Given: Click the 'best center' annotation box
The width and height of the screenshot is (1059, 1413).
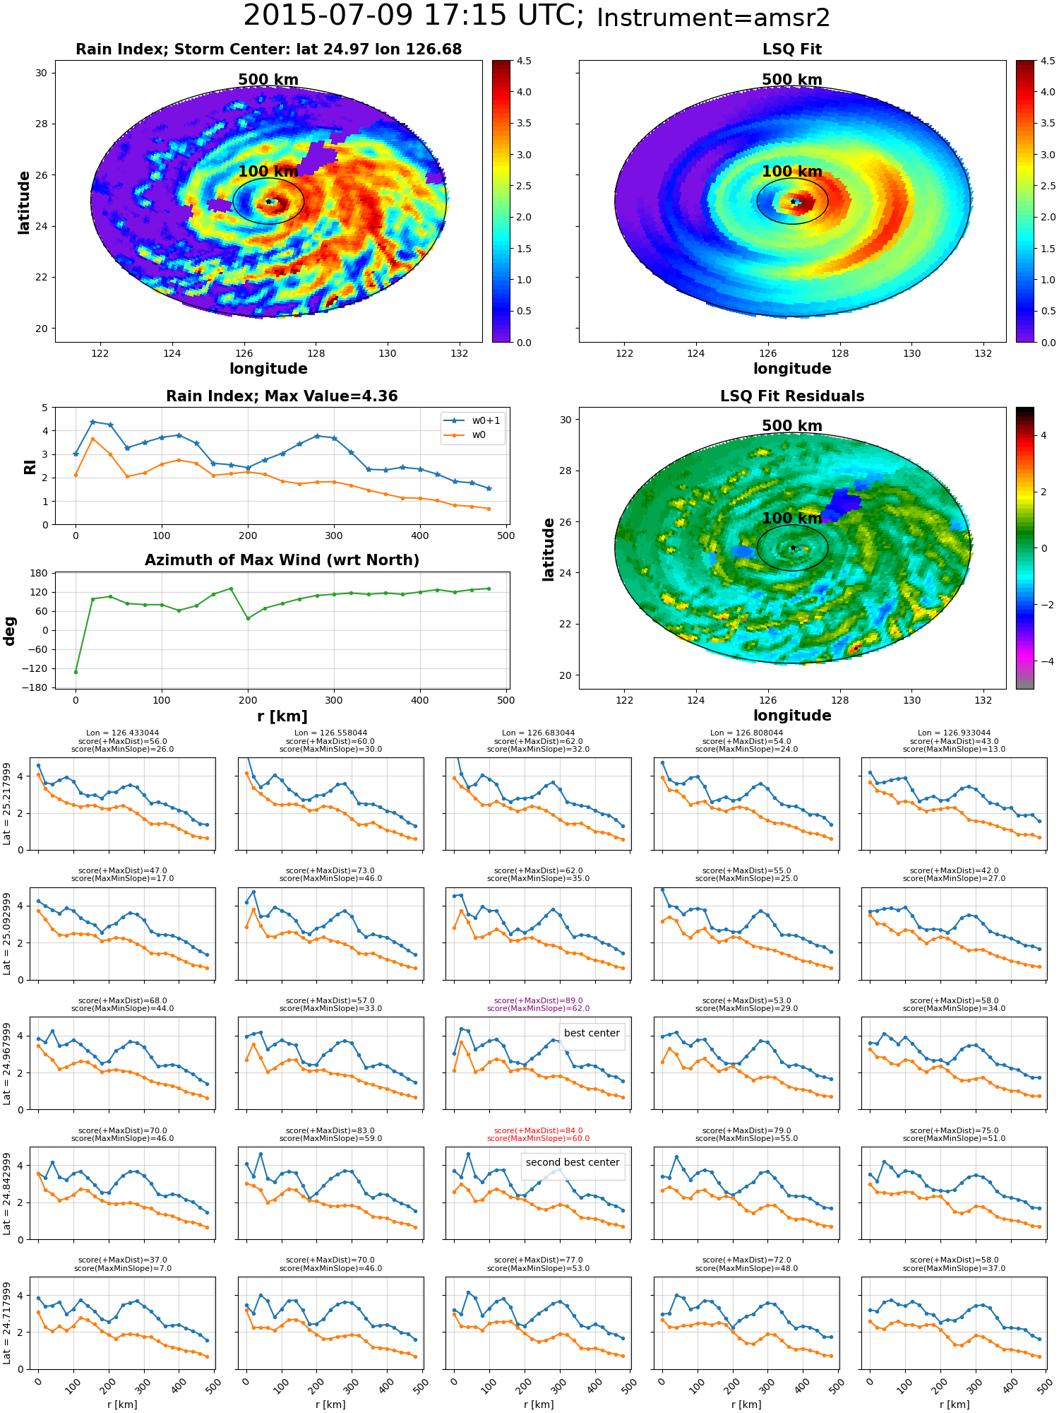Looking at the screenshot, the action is (x=592, y=1033).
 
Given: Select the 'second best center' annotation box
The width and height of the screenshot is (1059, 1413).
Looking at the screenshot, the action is (x=573, y=1162).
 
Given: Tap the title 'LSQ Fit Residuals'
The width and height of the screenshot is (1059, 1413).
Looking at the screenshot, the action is (x=792, y=396).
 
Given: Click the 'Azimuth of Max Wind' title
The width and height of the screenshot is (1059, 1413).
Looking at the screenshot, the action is (x=282, y=560).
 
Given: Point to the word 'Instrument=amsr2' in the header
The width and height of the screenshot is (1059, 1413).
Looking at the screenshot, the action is (x=713, y=18).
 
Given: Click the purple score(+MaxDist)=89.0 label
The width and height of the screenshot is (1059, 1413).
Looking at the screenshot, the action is (x=538, y=1000).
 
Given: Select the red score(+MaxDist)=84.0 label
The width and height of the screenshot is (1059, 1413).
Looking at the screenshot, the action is (x=538, y=1130).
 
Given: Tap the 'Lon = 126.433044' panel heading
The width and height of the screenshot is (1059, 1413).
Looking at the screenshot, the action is (x=122, y=733).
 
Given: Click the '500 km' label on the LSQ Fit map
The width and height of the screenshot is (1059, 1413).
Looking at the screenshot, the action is (x=792, y=80).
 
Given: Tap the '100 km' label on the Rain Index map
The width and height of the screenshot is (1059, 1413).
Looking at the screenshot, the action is (x=268, y=171).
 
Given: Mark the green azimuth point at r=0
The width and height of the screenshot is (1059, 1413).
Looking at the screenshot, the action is (x=76, y=672).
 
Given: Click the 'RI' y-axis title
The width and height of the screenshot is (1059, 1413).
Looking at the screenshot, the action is (x=30, y=466).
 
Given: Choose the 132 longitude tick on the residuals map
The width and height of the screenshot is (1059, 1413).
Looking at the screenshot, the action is (x=983, y=700).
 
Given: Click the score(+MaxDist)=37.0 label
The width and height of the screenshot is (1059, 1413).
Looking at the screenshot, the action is (x=122, y=1260).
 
